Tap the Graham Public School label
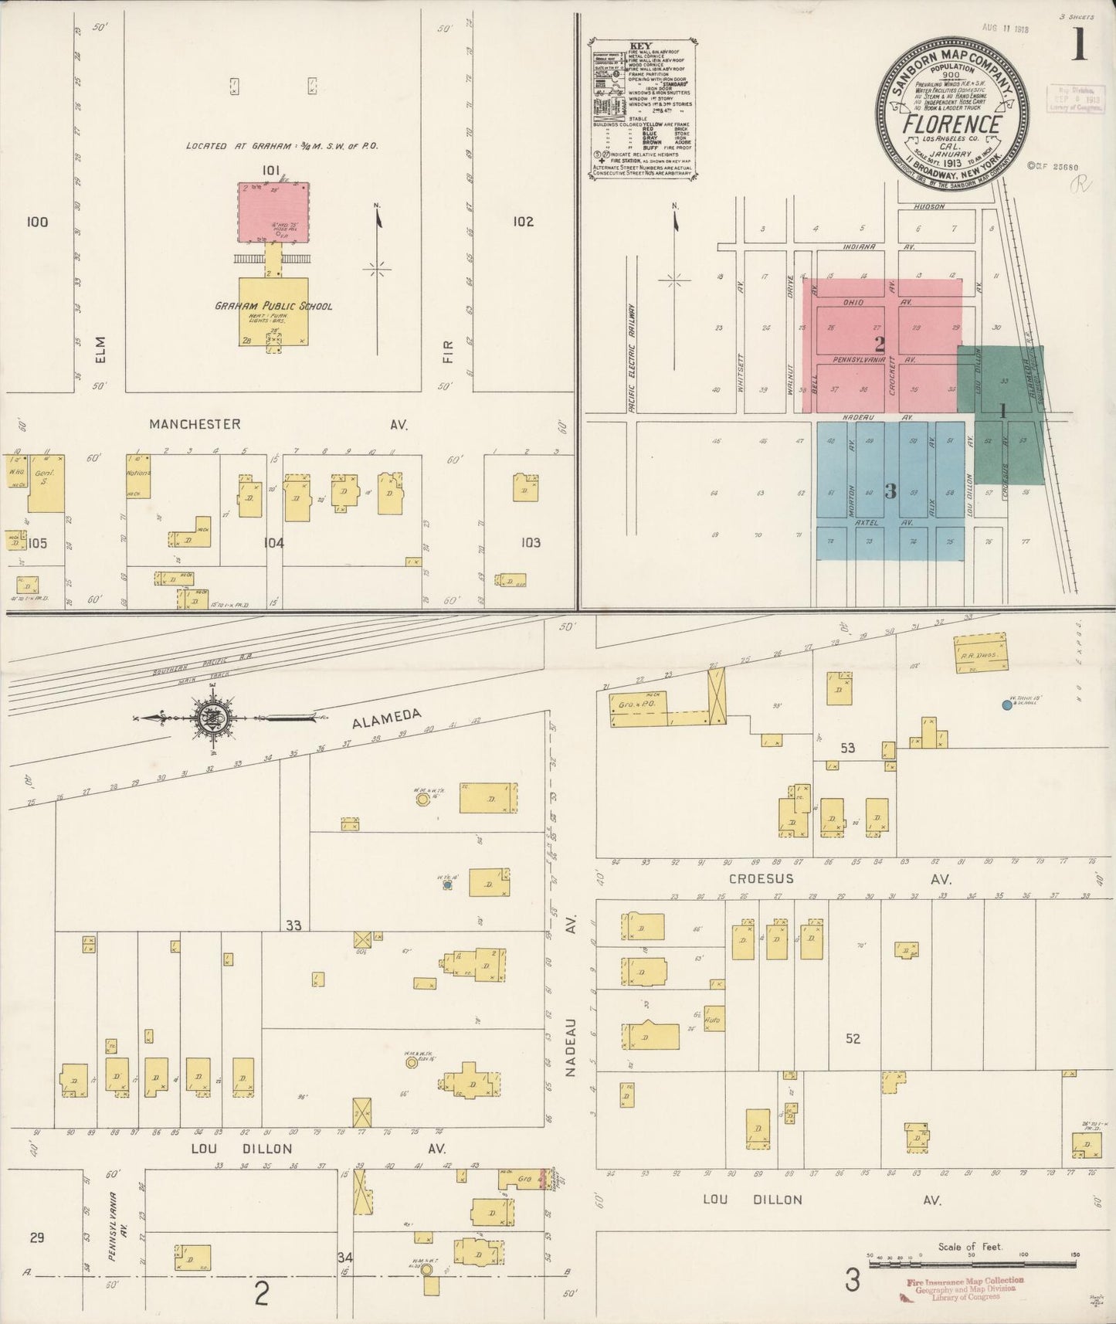(273, 306)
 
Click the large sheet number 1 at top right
(1078, 47)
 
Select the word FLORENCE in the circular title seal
(952, 124)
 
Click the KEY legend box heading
(642, 46)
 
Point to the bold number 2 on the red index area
(879, 344)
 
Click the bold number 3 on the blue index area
(890, 491)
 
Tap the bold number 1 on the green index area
(1002, 411)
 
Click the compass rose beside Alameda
(212, 718)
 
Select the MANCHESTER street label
(195, 424)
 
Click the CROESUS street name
(761, 879)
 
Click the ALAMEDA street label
(388, 718)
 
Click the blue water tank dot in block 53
(1006, 704)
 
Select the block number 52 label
(852, 1039)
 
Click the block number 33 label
(293, 925)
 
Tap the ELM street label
(100, 348)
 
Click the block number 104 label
(273, 543)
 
